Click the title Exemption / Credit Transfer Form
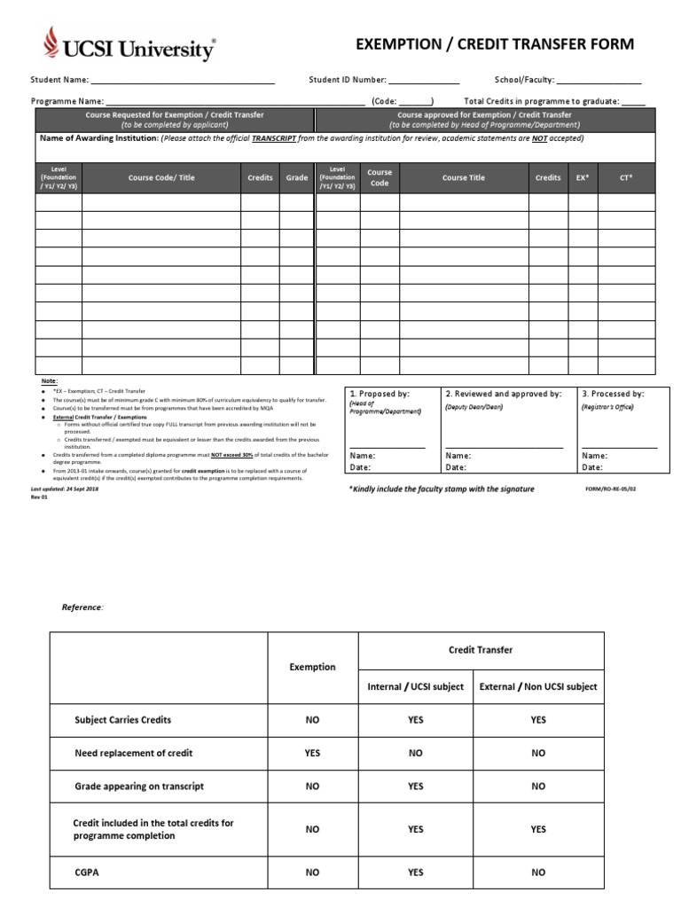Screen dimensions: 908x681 [495, 44]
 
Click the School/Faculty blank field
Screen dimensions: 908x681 [599, 81]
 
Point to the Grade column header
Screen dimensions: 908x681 [297, 177]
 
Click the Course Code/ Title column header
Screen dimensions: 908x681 [161, 177]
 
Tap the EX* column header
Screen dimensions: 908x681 [583, 177]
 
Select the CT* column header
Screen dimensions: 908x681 [626, 177]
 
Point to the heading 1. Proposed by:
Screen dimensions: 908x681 [379, 393]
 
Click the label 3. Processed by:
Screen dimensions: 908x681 [613, 393]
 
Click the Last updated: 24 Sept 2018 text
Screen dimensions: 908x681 [64, 489]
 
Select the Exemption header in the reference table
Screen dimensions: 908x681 [312, 667]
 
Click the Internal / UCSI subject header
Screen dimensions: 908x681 [415, 686]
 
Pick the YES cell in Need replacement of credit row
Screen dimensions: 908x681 [312, 753]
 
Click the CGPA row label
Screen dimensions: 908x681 [87, 872]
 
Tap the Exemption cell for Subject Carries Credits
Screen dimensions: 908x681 [312, 720]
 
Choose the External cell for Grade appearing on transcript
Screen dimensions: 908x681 [538, 786]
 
